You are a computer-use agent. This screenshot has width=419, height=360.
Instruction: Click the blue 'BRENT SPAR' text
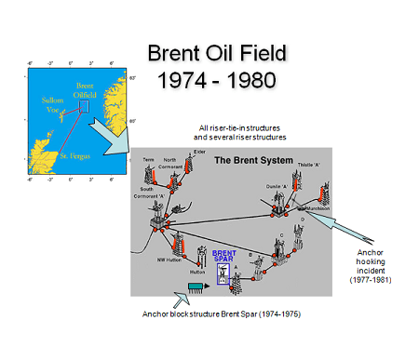click(224, 255)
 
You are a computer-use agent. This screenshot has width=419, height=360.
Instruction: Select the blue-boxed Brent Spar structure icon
click(224, 273)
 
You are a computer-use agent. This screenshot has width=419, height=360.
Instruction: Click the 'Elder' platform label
click(199, 152)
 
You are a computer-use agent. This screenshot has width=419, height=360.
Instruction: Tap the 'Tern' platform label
click(148, 159)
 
